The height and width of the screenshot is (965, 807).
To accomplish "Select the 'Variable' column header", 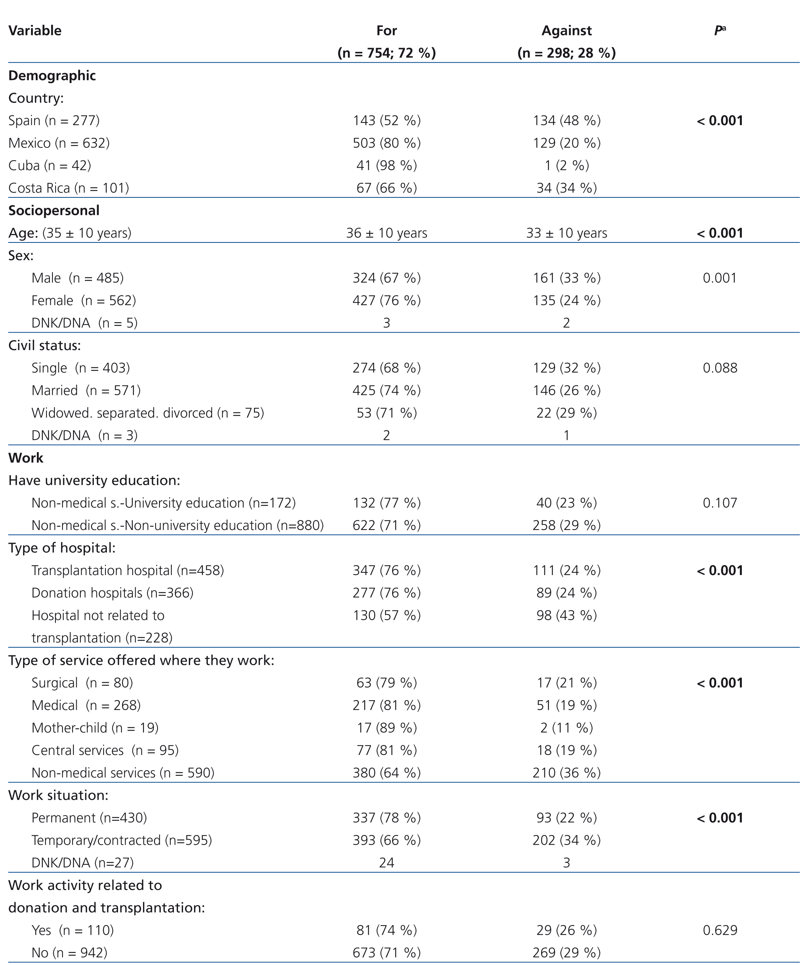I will (x=35, y=31).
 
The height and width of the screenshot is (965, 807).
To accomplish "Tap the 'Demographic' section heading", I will (x=52, y=76).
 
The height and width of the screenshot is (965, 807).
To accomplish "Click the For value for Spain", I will (x=387, y=121).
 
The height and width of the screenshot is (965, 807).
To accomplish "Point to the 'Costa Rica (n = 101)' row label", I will (x=69, y=188).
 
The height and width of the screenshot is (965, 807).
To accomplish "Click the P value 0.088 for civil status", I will (x=720, y=368).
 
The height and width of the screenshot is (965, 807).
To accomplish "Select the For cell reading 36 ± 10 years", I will (x=387, y=233).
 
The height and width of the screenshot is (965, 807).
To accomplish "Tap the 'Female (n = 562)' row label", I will (x=84, y=301).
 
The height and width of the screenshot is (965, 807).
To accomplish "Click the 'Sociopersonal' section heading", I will (x=54, y=210).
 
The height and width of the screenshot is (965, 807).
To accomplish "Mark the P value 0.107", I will (x=720, y=503).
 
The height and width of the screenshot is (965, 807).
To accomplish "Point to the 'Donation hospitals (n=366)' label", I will (x=112, y=593).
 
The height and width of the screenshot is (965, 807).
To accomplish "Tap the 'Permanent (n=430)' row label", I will (x=89, y=818).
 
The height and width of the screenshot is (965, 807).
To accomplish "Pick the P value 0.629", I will (x=720, y=930).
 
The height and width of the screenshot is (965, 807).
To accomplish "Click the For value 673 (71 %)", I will (x=387, y=953).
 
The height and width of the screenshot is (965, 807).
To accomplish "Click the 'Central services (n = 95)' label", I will (x=105, y=750).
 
